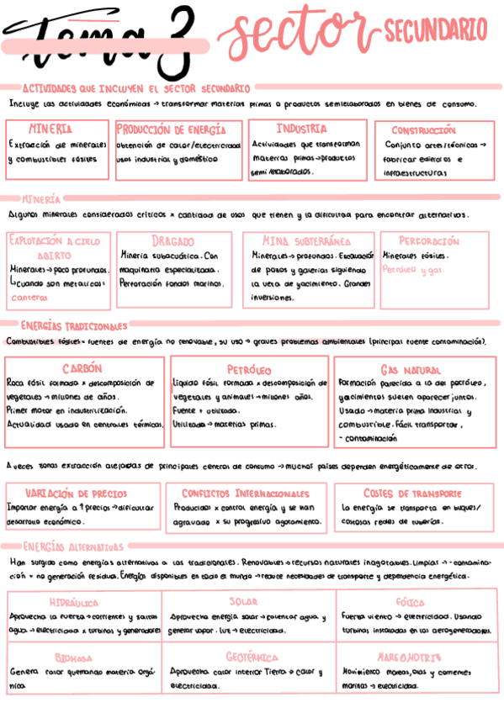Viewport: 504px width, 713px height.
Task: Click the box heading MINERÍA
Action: click(50, 130)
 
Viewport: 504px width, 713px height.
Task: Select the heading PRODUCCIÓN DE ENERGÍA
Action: click(171, 130)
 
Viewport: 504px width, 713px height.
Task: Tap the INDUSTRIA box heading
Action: click(301, 129)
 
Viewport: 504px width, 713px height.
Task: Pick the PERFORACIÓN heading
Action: click(429, 241)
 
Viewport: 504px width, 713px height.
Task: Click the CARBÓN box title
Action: click(82, 368)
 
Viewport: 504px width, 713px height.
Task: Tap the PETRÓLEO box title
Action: click(249, 369)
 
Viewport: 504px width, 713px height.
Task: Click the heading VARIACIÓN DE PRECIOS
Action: click(77, 494)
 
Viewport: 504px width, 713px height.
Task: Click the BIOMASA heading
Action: click(74, 658)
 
